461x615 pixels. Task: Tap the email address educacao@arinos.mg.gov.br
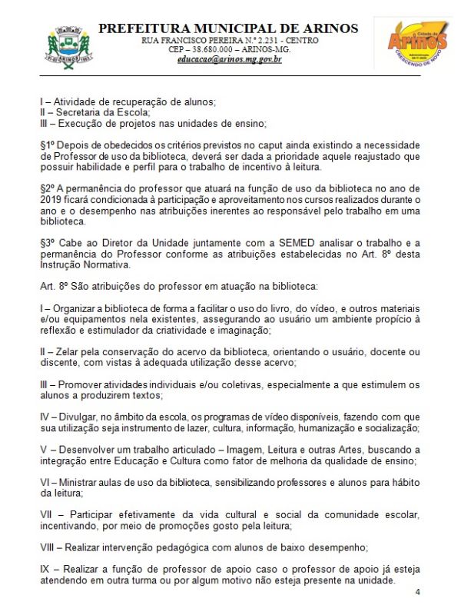[x=229, y=58]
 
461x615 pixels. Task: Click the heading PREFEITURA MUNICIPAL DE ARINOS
[x=228, y=28]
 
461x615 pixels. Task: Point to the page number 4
[x=417, y=593]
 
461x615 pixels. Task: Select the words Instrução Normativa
[x=82, y=264]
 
